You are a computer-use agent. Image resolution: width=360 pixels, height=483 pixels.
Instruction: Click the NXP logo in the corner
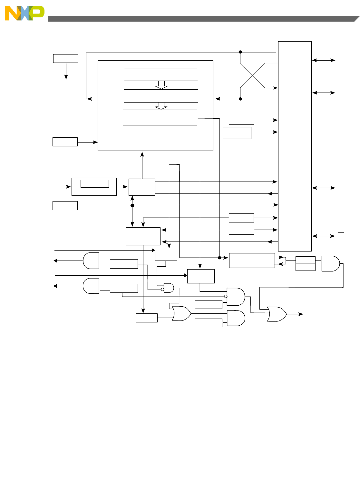[24, 13]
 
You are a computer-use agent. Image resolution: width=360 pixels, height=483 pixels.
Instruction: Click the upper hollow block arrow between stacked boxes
[161, 85]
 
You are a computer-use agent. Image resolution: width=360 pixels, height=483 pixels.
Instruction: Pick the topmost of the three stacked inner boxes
[161, 74]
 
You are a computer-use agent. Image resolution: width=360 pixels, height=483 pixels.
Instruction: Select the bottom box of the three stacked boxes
[160, 117]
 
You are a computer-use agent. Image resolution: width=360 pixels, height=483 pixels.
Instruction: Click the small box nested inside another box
[94, 184]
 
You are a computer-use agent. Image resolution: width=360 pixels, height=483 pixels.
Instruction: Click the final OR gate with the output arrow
[277, 314]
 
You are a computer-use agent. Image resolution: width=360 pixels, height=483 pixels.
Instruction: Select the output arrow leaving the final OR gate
[296, 314]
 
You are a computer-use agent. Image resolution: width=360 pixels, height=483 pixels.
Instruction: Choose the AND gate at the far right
[330, 263]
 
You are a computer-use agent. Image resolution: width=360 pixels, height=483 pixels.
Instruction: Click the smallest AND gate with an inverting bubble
[169, 288]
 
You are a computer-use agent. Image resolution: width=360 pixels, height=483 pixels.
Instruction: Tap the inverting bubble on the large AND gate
[226, 296]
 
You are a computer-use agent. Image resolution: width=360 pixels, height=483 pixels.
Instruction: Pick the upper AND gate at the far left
[91, 261]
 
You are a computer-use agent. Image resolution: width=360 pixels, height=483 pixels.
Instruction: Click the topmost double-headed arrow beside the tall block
[324, 60]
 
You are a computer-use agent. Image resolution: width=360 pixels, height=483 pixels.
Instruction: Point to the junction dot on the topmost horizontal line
[240, 52]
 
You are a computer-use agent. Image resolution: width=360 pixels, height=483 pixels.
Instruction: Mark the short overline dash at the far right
[341, 232]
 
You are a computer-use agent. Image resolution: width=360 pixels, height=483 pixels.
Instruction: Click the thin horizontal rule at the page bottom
[197, 483]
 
